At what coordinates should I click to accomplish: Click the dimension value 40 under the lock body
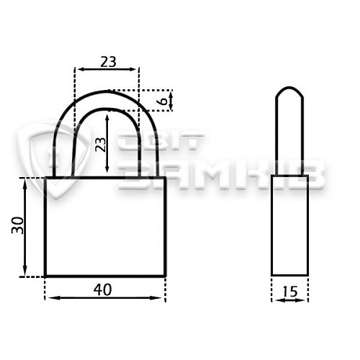pyautogui.click(x=102, y=289)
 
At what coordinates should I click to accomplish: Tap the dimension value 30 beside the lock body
pyautogui.click(x=18, y=225)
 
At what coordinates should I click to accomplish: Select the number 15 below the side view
pyautogui.click(x=290, y=292)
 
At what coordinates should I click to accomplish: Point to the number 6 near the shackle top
pyautogui.click(x=163, y=101)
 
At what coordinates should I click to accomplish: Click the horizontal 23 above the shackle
pyautogui.click(x=108, y=62)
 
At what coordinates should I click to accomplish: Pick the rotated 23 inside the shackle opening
pyautogui.click(x=101, y=145)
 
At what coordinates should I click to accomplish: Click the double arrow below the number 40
pyautogui.click(x=105, y=298)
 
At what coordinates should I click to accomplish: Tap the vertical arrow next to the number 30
pyautogui.click(x=25, y=228)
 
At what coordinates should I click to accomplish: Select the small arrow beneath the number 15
pyautogui.click(x=290, y=300)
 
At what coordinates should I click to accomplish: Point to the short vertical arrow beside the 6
pyautogui.click(x=171, y=101)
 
